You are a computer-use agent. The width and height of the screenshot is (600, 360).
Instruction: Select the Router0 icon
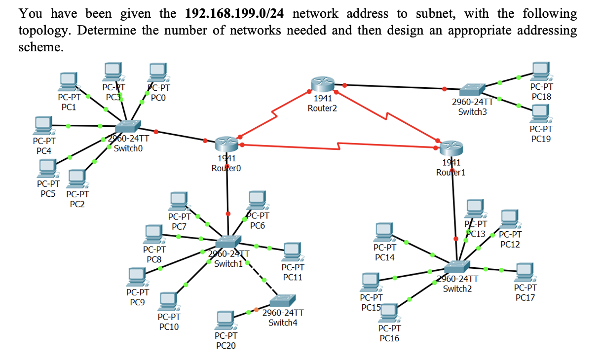point(226,144)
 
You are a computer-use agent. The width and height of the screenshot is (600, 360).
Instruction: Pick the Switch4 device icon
point(283,301)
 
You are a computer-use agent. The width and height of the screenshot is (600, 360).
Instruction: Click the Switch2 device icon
point(456,267)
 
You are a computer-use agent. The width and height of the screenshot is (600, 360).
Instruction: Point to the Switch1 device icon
point(227,242)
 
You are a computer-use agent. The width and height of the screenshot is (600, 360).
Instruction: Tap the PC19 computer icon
point(541,114)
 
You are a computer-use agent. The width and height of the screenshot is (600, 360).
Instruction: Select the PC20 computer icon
point(225,320)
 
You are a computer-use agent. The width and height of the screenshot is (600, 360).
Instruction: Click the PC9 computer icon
point(137,277)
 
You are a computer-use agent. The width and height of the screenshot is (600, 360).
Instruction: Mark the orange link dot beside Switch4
point(256,310)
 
